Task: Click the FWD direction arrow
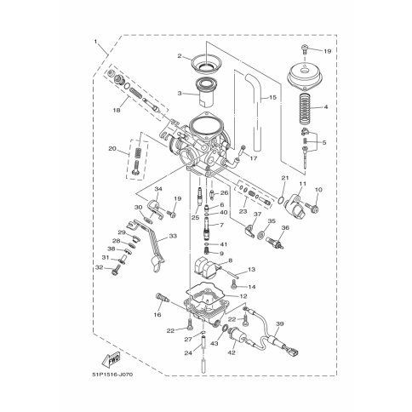(111, 359)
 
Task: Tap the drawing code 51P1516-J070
(112, 375)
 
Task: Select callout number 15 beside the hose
(272, 98)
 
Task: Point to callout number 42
(232, 352)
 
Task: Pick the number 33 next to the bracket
(173, 236)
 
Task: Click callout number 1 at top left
(95, 42)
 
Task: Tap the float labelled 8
(206, 267)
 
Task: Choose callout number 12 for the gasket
(243, 296)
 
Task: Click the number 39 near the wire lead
(280, 323)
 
